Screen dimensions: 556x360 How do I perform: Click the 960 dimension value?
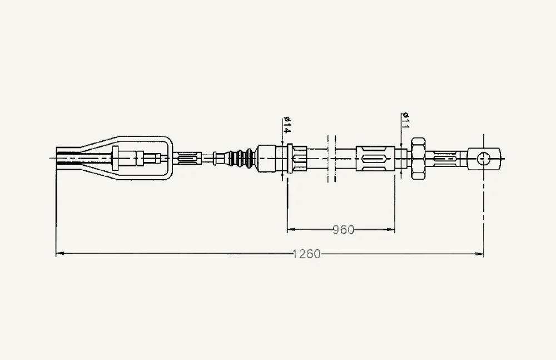(343, 230)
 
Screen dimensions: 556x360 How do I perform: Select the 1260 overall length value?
(307, 254)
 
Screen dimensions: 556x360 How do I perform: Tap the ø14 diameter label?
(286, 125)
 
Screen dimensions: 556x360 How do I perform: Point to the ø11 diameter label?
(405, 120)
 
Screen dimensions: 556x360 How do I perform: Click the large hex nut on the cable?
(418, 159)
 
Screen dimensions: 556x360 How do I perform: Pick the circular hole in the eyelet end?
(483, 159)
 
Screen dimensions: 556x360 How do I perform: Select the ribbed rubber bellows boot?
(242, 159)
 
